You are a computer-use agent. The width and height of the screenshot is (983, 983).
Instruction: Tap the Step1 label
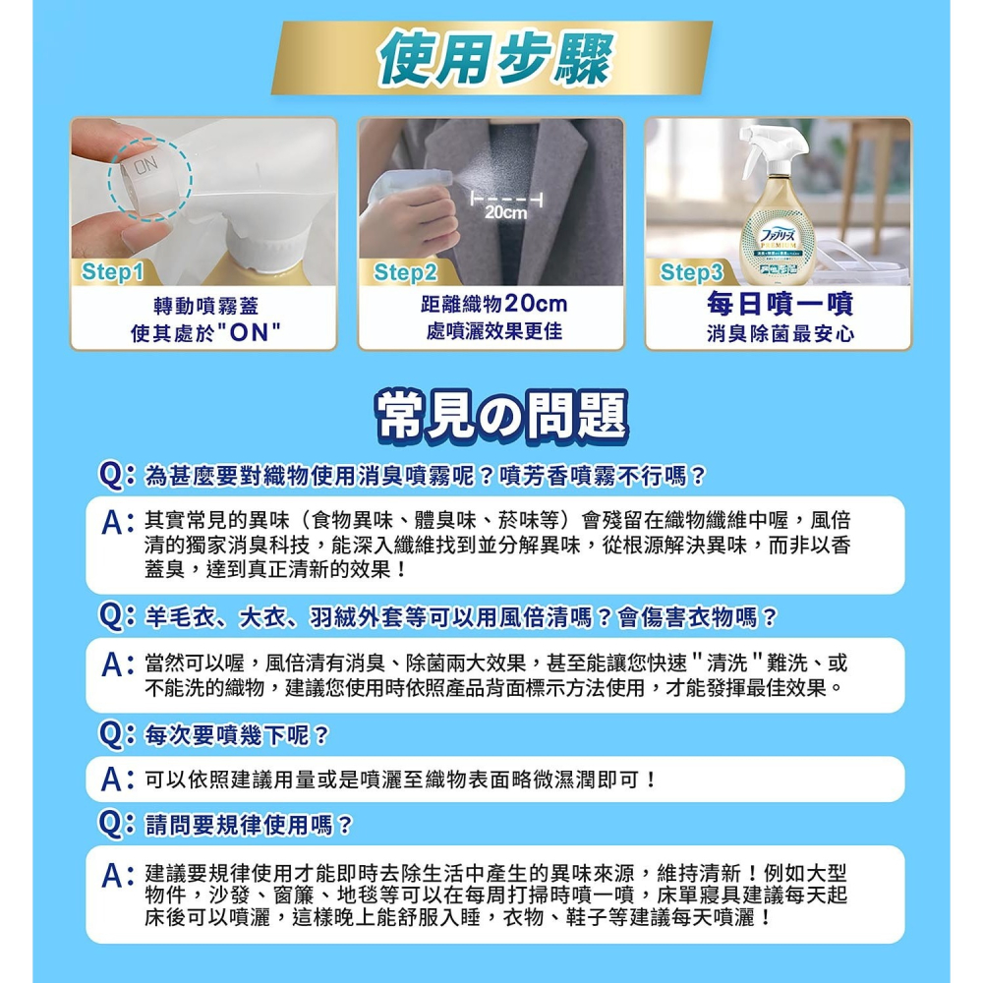pos(115,272)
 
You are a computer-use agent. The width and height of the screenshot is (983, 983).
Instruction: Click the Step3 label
pos(691,272)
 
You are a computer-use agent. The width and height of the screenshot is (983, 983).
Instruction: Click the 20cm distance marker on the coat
pos(506,212)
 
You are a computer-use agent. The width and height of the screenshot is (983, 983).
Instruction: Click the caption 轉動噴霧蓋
pos(206,306)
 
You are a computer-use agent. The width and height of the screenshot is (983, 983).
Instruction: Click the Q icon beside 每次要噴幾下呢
pos(116,734)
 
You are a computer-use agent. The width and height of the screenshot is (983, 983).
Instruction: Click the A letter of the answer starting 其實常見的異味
pos(116,522)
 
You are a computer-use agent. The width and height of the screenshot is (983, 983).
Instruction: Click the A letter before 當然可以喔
pos(116,664)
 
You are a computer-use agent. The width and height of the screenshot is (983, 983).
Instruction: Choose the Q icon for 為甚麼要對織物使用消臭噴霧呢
pos(116,477)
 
